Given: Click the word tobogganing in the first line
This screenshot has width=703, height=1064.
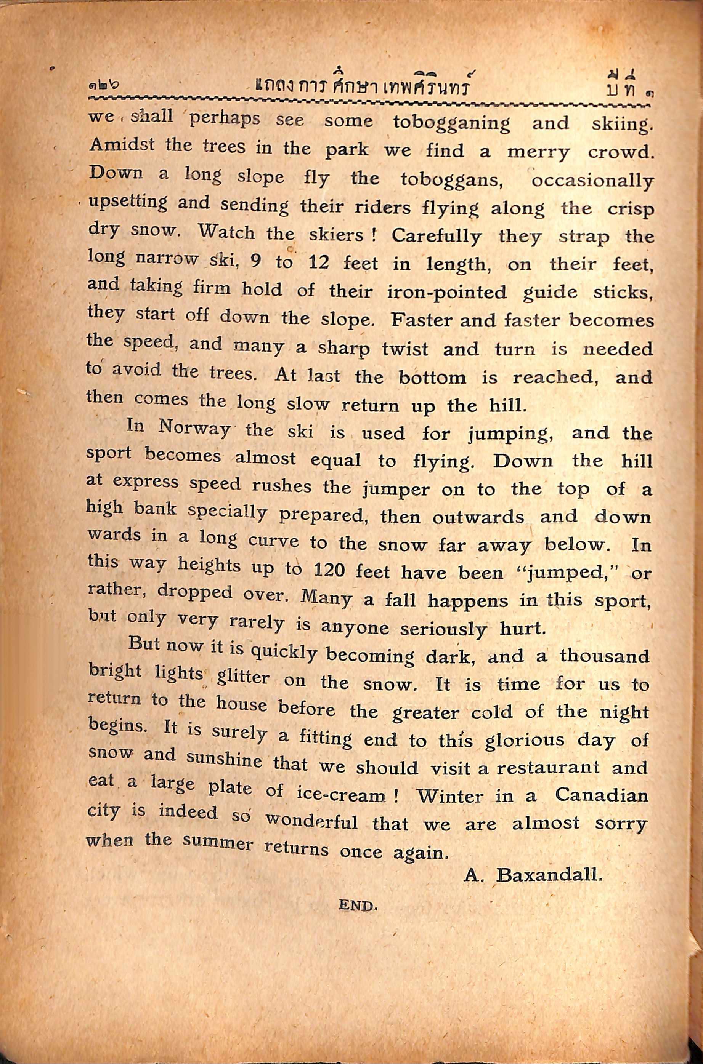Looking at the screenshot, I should (x=451, y=122).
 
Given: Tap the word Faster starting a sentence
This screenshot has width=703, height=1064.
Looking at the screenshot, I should (x=419, y=320).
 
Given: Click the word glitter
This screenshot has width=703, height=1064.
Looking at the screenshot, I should (x=242, y=677).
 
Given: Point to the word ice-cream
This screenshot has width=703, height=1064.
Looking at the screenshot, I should (x=341, y=794).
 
